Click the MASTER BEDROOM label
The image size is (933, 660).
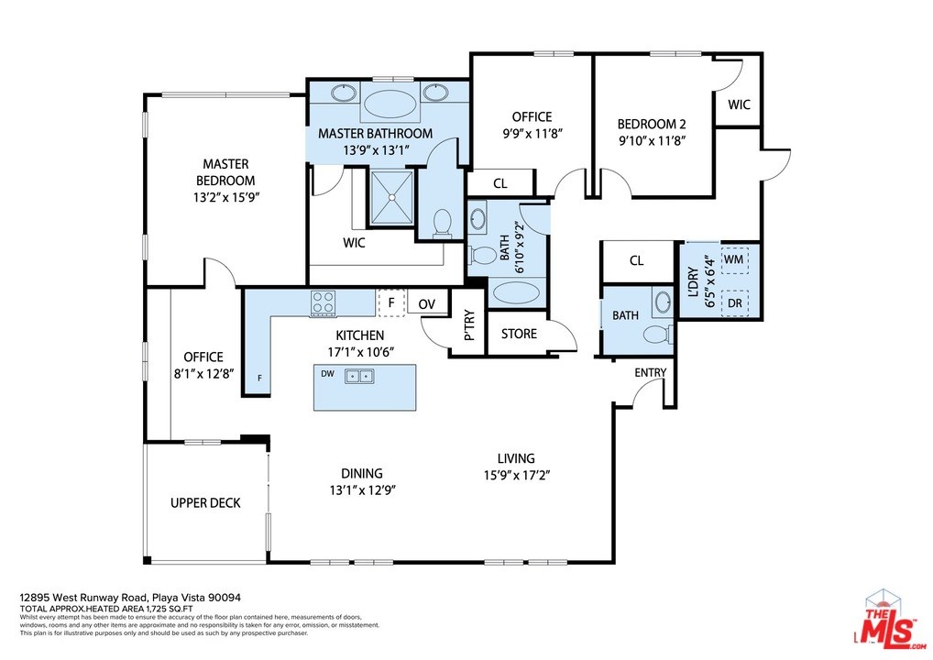pos(225,172)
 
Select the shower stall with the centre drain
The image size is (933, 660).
pos(391,198)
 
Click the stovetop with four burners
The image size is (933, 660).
pos(324,302)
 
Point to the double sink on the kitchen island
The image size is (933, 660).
pos(358,376)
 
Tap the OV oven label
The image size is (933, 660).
pos(427,304)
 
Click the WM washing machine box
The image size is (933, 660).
pos(734,259)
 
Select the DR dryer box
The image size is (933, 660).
pos(735,302)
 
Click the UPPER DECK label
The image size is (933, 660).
pos(205,503)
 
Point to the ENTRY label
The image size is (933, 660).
pos(651,372)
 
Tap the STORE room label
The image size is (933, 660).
pos(519,334)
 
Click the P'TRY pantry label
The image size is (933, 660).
pos(469,324)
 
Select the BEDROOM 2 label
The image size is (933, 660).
pos(652,125)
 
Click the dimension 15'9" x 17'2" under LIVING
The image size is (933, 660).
pos(517,476)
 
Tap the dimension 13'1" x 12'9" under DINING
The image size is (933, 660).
pos(362,490)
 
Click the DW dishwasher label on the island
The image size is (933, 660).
pos(327,374)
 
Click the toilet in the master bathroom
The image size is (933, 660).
pos(442,223)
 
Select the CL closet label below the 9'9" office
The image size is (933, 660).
pos(500,184)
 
